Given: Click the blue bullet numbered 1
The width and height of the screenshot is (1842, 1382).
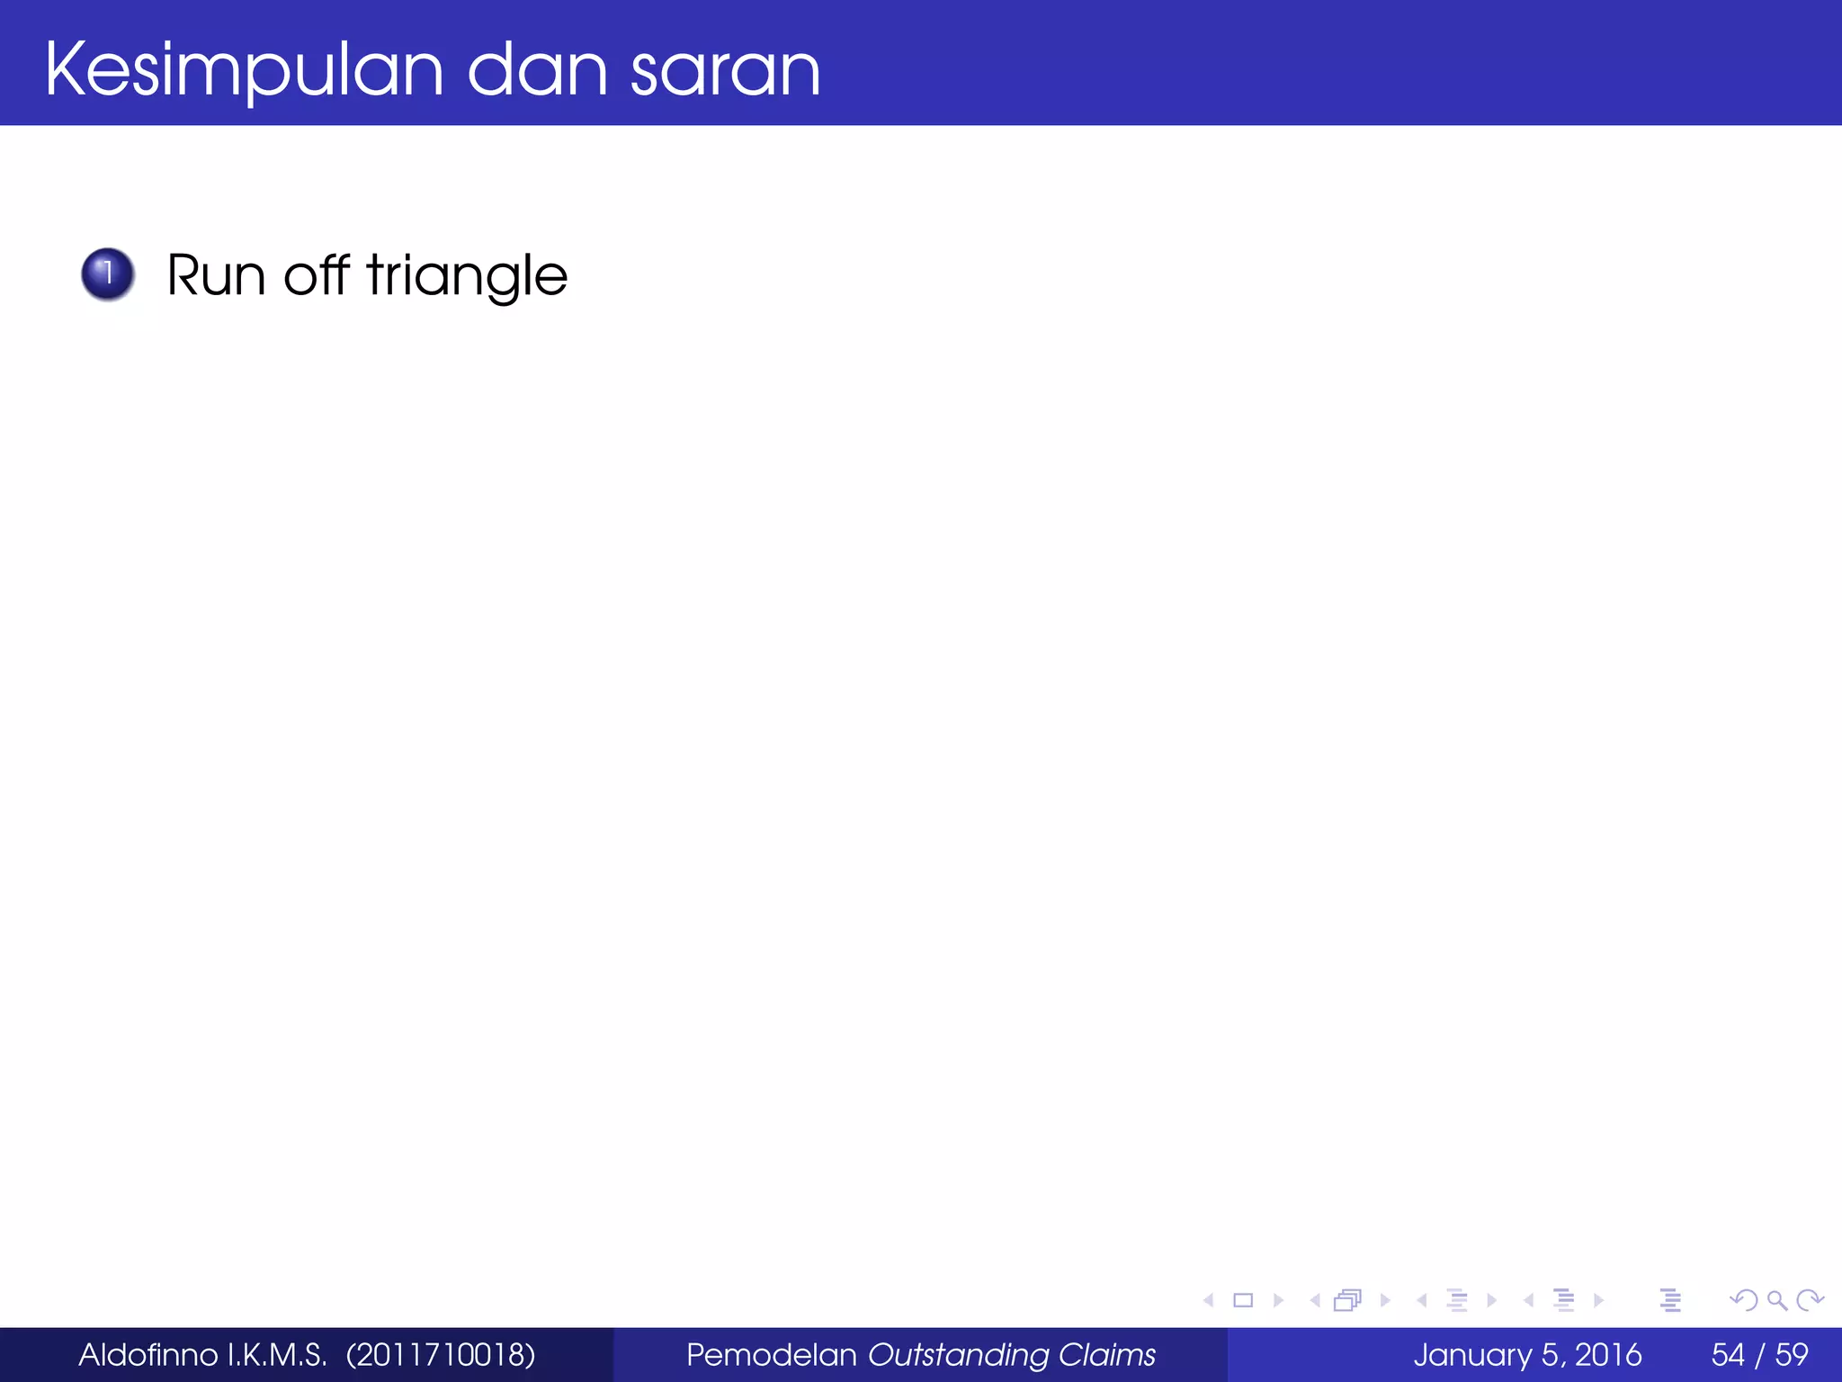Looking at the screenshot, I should click(108, 274).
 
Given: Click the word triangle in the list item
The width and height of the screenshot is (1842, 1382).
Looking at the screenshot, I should click(467, 275).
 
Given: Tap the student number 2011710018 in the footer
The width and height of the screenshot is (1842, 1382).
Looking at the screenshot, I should click(441, 1354).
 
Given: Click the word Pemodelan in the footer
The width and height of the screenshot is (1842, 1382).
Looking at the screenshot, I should click(771, 1354).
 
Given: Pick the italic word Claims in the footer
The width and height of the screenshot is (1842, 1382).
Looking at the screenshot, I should click(1106, 1354).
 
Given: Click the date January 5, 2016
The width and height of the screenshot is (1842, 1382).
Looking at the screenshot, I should click(1526, 1354).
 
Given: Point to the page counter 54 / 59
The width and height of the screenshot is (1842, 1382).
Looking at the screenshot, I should click(1759, 1354).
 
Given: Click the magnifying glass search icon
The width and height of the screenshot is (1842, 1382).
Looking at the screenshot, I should click(1776, 1300).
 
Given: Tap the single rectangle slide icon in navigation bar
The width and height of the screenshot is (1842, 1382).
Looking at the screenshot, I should click(1243, 1300).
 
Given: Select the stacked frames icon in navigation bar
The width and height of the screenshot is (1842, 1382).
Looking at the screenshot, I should click(1347, 1300).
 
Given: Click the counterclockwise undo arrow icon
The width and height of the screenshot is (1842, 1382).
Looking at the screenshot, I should click(1743, 1300).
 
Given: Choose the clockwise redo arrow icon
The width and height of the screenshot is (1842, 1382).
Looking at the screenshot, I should click(1810, 1300).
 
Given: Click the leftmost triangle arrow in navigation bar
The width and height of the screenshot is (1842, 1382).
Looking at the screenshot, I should click(1209, 1300).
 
